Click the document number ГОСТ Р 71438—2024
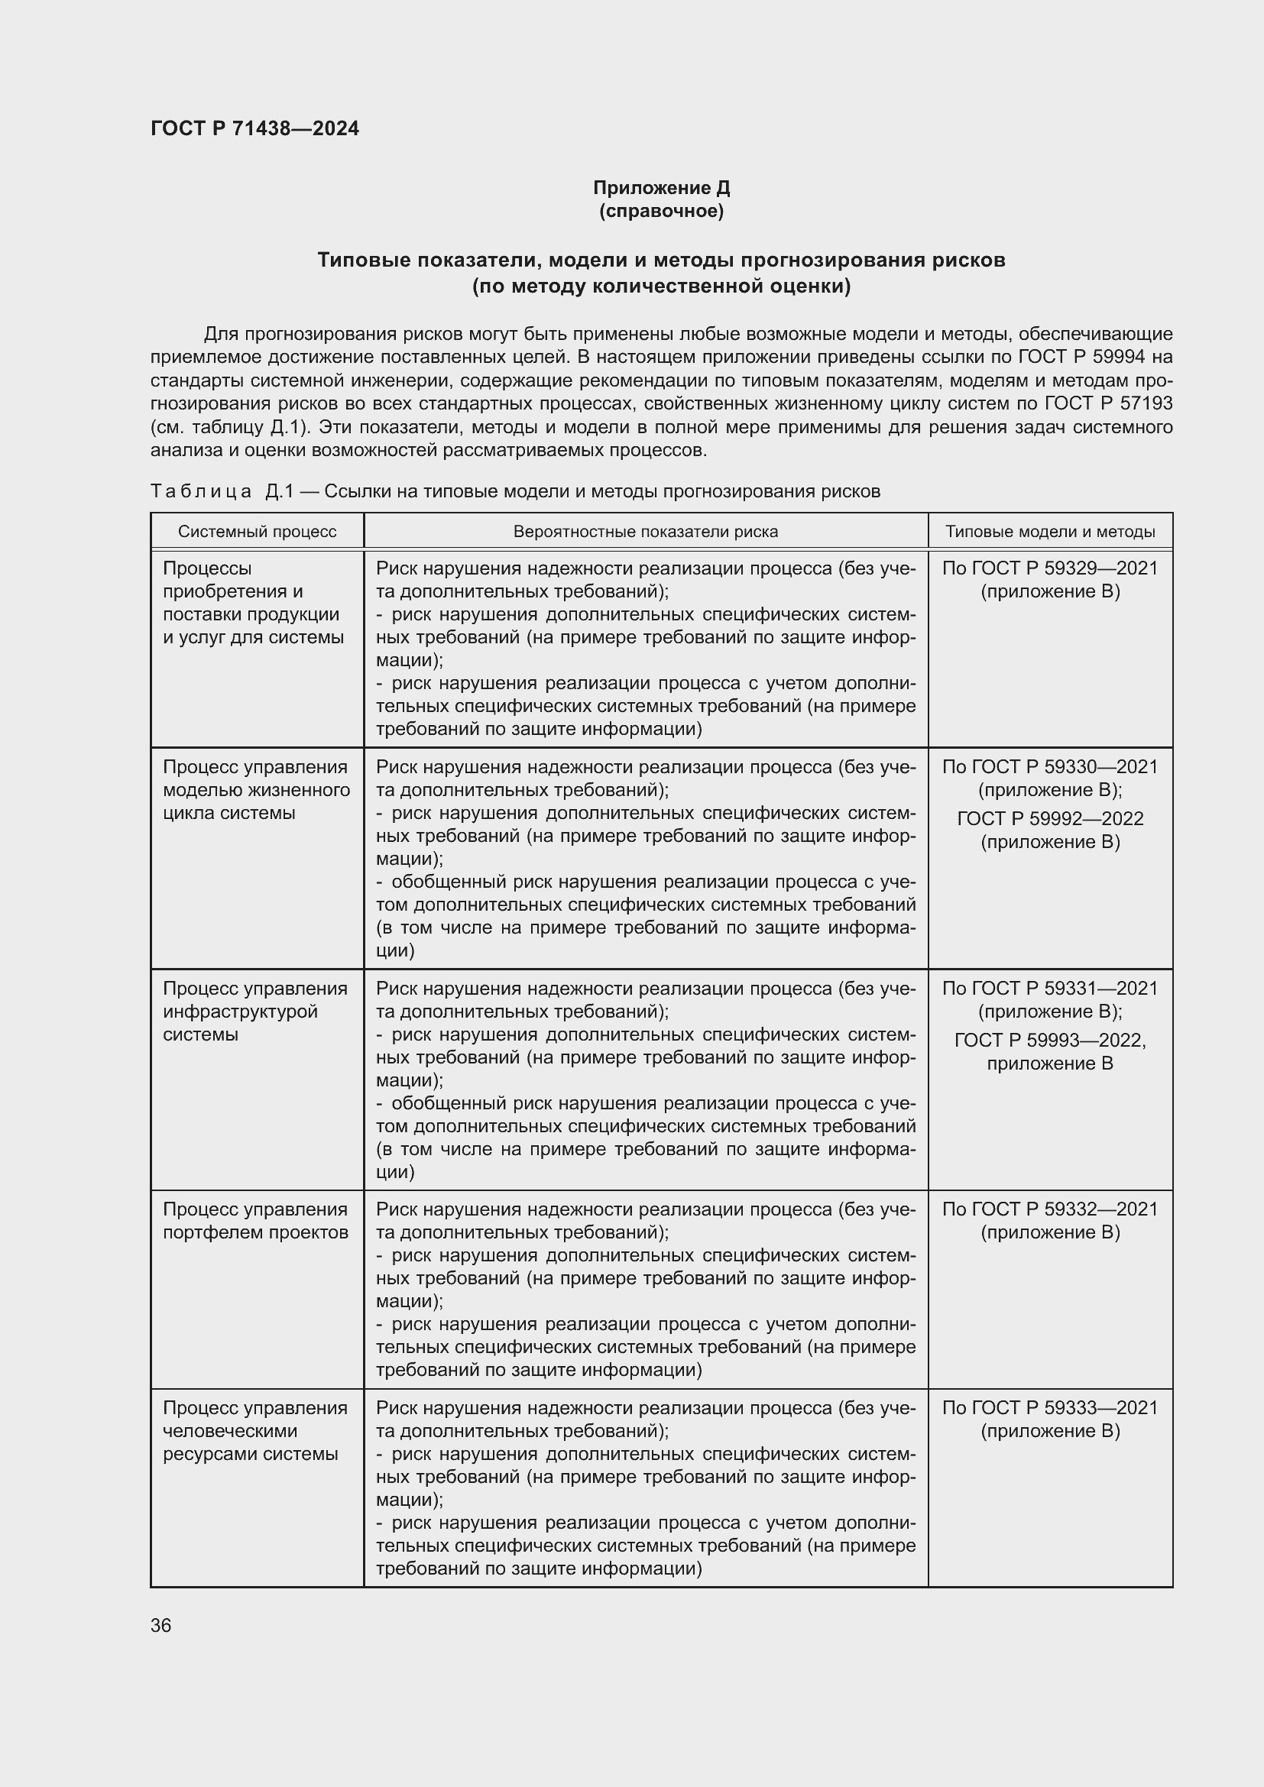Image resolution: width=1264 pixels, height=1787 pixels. tap(254, 128)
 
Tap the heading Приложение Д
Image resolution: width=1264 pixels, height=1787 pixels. tap(661, 188)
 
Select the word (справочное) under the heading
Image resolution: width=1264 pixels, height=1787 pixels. tap(661, 211)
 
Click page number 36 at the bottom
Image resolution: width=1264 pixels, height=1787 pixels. tap(161, 1625)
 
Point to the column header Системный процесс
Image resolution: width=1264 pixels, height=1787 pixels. tap(257, 532)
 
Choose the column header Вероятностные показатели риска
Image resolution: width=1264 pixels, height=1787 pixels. tap(645, 532)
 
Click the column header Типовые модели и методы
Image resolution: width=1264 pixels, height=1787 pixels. tap(1050, 532)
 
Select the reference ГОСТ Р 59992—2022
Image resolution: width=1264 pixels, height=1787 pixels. tap(1050, 819)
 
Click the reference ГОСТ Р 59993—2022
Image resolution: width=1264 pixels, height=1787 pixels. tap(1050, 1040)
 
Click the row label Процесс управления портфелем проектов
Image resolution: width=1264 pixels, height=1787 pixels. tap(255, 1220)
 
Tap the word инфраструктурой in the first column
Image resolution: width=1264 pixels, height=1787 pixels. tap(241, 1011)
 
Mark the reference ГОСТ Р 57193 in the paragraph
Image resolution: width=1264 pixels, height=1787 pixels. tap(1108, 404)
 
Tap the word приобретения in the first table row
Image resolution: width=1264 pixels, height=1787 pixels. tap(233, 591)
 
